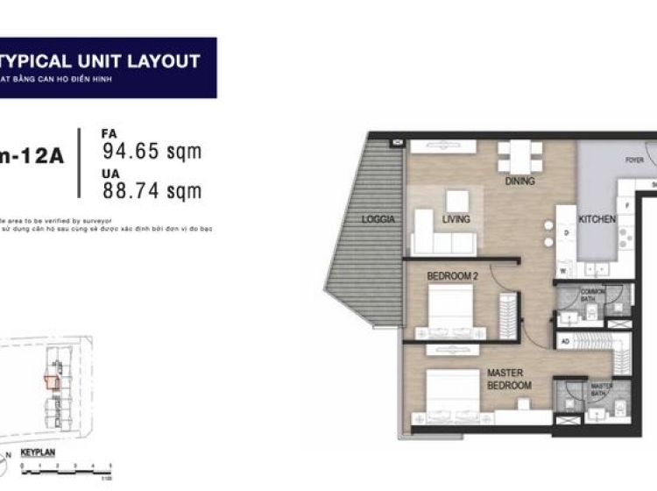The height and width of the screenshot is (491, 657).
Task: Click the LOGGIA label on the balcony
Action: [x=379, y=219]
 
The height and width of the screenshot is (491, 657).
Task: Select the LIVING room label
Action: [x=456, y=219]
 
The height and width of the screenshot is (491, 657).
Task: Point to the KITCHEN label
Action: [x=598, y=219]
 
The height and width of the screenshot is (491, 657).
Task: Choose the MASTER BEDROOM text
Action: [x=509, y=379]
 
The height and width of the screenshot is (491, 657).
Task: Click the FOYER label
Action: [x=634, y=160]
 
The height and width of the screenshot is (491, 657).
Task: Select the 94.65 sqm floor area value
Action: [x=152, y=152]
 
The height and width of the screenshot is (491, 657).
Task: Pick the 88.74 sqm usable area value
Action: [x=152, y=190]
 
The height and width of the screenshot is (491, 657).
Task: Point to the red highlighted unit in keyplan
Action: [x=52, y=382]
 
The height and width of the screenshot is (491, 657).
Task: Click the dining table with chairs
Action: [x=519, y=157]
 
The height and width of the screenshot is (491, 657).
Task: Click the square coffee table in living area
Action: [x=456, y=200]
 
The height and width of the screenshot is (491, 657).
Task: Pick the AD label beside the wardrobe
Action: [x=565, y=342]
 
